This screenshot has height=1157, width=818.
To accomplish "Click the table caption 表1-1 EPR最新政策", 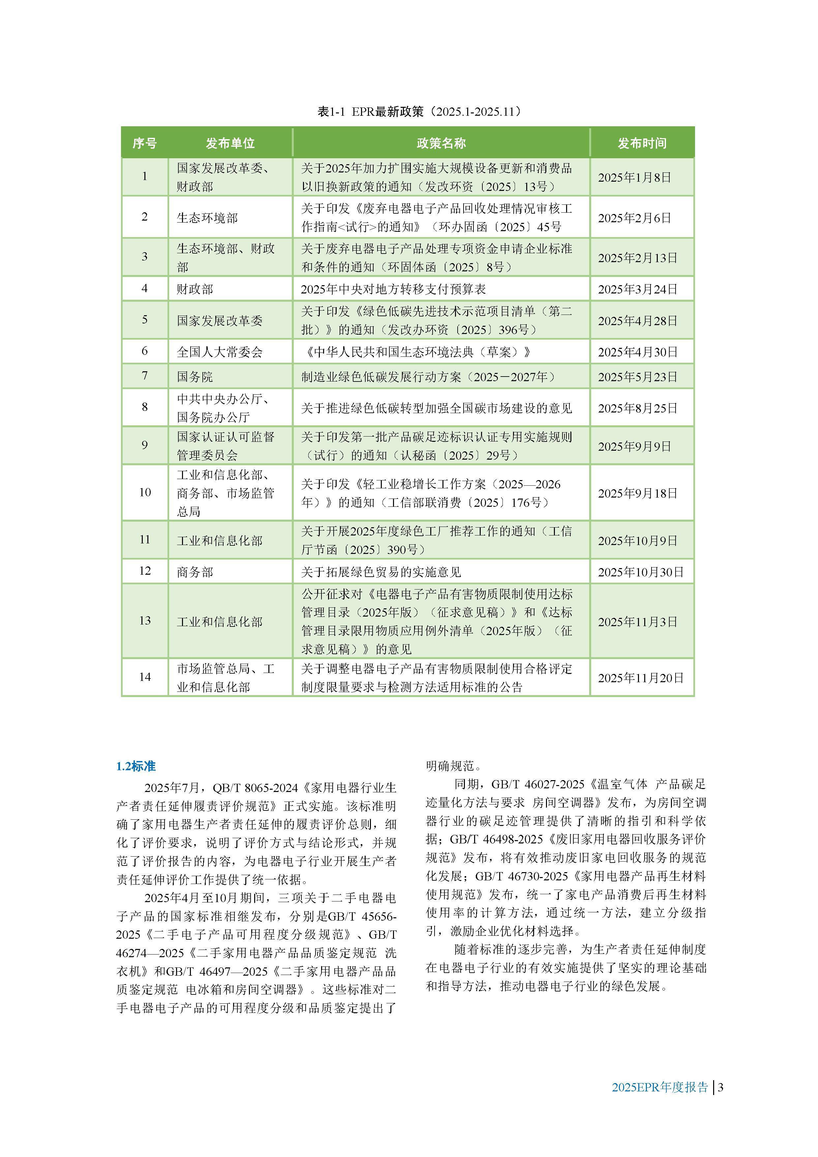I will (x=419, y=111).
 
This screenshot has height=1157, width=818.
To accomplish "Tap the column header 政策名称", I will (x=441, y=143).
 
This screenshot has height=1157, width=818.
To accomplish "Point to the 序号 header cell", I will (x=145, y=143).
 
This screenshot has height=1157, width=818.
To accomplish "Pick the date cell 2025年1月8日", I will (x=635, y=177).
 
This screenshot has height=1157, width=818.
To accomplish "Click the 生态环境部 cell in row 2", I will (x=207, y=218).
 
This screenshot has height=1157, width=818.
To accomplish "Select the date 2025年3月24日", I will (x=638, y=289).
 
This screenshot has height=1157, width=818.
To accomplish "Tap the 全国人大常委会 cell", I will (x=220, y=352).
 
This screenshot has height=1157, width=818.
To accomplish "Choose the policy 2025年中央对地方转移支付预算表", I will (x=393, y=289).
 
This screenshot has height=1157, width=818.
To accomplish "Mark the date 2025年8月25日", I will (x=638, y=408).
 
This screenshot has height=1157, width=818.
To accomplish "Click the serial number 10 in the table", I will (x=145, y=492).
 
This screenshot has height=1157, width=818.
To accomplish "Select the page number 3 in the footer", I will (x=721, y=1087).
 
